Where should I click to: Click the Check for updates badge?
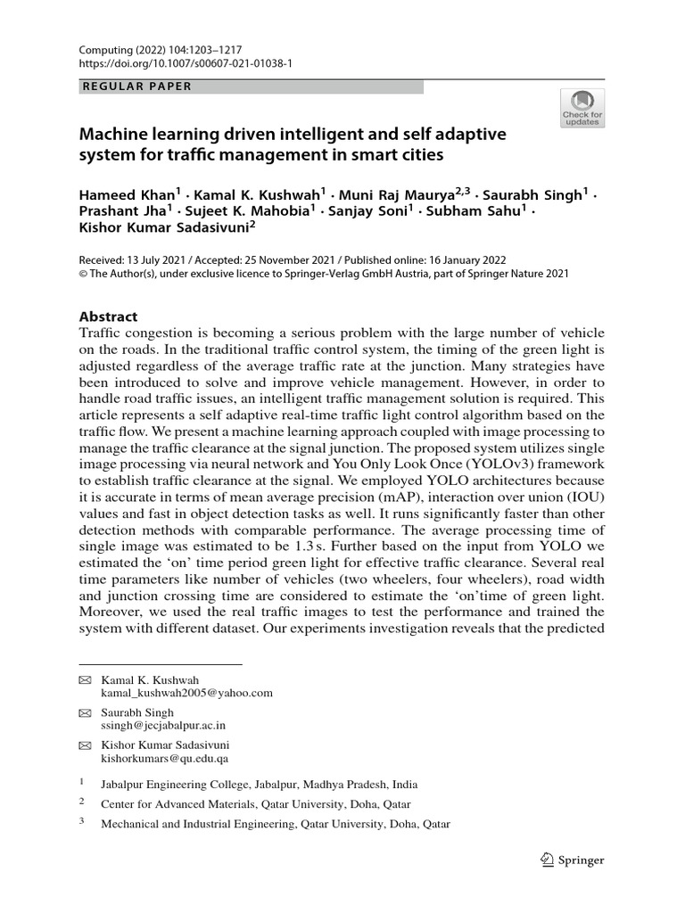click(582, 108)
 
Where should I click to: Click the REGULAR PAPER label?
click(136, 86)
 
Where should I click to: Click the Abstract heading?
click(110, 316)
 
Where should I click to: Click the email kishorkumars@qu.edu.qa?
click(164, 759)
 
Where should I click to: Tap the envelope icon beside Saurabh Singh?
click(85, 713)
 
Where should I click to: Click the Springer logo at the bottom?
click(571, 860)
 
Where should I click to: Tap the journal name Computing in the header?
click(104, 53)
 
